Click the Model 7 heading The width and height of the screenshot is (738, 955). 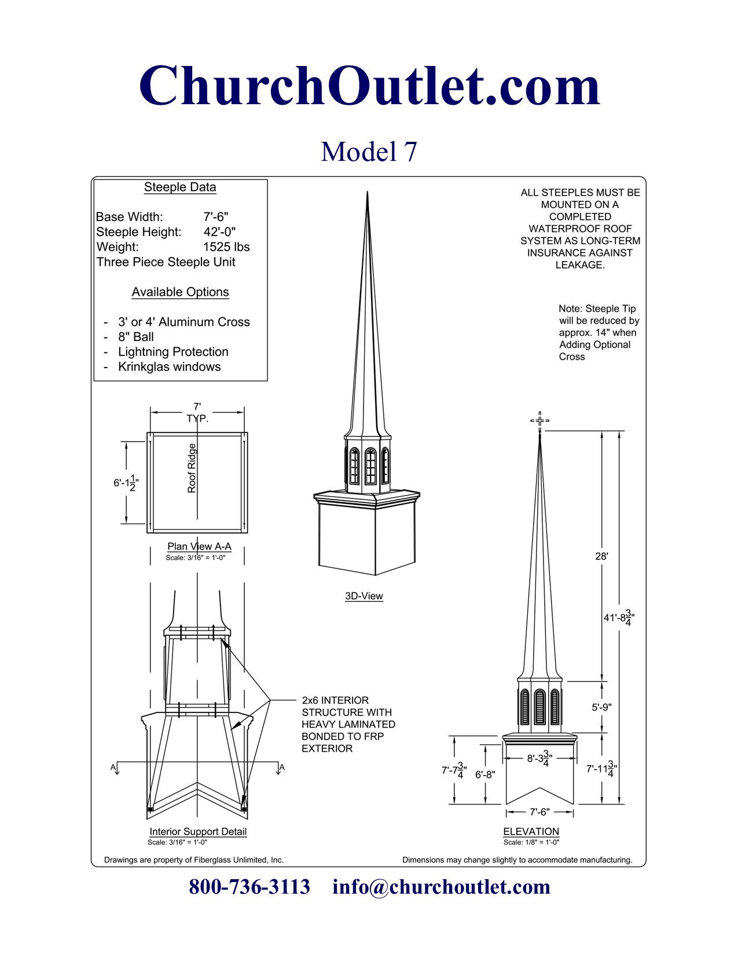(x=369, y=152)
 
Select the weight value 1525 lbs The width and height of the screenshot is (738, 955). (x=226, y=247)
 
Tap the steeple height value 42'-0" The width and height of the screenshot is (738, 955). (x=219, y=232)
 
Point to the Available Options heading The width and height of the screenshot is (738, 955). (x=180, y=292)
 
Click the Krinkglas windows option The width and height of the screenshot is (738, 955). (x=169, y=367)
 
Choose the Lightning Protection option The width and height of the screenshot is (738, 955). (x=173, y=352)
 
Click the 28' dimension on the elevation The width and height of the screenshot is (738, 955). (x=601, y=556)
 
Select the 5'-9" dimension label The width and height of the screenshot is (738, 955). (x=601, y=707)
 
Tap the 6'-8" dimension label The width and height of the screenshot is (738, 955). (x=485, y=774)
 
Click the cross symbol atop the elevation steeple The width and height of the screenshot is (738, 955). (x=539, y=421)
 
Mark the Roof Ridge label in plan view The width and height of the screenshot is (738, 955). (x=192, y=468)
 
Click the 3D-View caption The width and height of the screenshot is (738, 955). (x=364, y=596)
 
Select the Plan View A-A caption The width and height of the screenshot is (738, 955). (x=199, y=546)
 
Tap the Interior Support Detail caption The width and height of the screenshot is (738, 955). (x=198, y=832)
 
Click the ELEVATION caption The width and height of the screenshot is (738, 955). (x=531, y=832)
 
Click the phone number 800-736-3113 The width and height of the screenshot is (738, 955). (x=249, y=887)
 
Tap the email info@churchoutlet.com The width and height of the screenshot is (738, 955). (x=441, y=887)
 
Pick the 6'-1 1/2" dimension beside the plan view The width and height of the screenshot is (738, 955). (x=126, y=483)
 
